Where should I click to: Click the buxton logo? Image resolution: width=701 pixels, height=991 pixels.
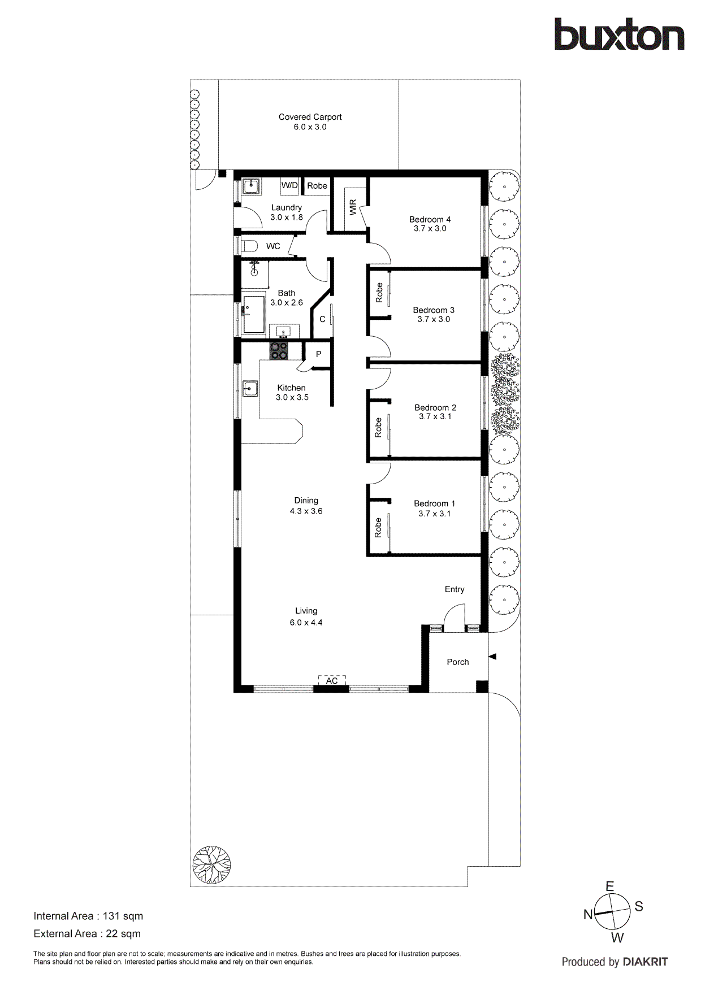point(619,35)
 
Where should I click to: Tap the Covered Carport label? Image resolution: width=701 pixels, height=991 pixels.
point(310,117)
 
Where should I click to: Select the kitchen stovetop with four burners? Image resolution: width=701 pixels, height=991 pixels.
point(278,351)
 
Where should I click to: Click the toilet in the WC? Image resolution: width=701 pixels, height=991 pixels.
point(249,246)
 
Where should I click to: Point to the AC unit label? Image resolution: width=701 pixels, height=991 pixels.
point(332,681)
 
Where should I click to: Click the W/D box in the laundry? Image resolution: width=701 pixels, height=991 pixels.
point(289,185)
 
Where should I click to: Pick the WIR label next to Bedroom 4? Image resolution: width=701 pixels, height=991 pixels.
point(353,207)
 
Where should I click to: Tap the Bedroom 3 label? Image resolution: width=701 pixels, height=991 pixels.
point(434,310)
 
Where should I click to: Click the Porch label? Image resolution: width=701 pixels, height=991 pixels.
point(457,662)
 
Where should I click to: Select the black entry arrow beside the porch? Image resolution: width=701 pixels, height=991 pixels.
point(492,657)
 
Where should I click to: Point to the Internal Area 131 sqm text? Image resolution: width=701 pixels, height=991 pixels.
point(88,916)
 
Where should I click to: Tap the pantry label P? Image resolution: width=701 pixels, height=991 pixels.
point(318,354)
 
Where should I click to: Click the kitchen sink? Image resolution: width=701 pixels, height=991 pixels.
point(250,389)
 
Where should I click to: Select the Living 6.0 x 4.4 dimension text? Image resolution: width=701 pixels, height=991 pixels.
point(306,623)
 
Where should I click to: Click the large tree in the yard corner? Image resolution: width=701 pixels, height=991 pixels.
point(211,864)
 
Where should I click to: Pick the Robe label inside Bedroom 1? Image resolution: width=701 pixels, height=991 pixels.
point(378,528)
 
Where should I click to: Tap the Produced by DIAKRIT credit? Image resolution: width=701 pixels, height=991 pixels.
point(615,962)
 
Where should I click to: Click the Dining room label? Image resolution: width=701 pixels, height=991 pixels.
point(306,501)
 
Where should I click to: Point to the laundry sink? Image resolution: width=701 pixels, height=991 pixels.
point(251,186)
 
